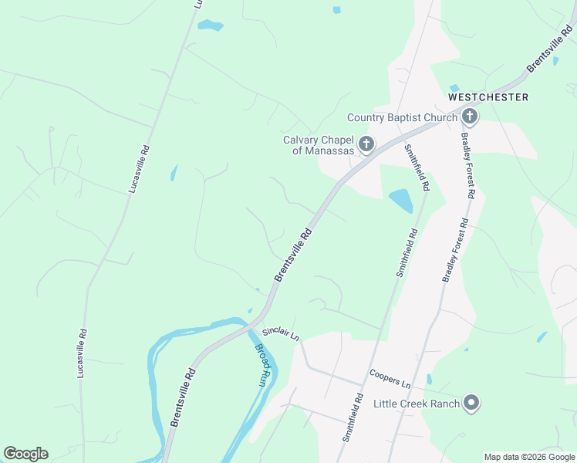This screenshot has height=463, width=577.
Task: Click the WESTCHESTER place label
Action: pos(488,97)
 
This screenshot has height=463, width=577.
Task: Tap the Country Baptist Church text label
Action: pos(402,117)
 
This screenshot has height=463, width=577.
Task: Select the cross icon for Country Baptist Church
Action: pos(470,117)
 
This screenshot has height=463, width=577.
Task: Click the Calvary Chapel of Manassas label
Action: pos(318,145)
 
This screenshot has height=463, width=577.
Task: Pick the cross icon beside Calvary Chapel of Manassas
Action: pos(366,144)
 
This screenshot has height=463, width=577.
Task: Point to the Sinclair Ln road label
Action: pos(280,333)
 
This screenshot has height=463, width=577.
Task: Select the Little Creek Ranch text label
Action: pos(416,404)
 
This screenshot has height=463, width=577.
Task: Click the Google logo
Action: pos(25,454)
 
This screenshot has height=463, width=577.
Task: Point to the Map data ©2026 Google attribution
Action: pos(530,457)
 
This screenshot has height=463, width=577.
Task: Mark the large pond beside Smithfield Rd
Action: pos(401,201)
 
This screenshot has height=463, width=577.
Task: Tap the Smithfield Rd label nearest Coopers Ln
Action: pos(353,417)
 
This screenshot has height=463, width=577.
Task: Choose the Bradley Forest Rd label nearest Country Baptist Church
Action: pos(467,166)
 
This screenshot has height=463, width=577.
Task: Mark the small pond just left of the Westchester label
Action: pos(454,88)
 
